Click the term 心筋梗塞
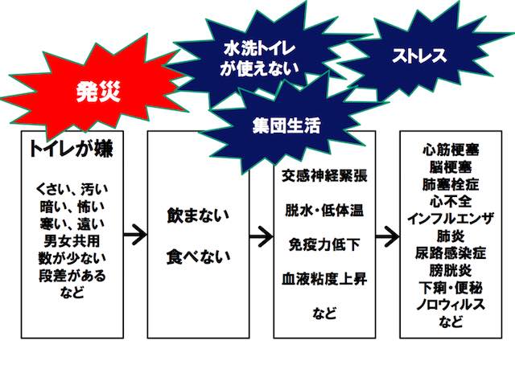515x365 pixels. pyautogui.click(x=452, y=150)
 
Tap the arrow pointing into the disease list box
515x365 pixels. pyautogui.click(x=387, y=236)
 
